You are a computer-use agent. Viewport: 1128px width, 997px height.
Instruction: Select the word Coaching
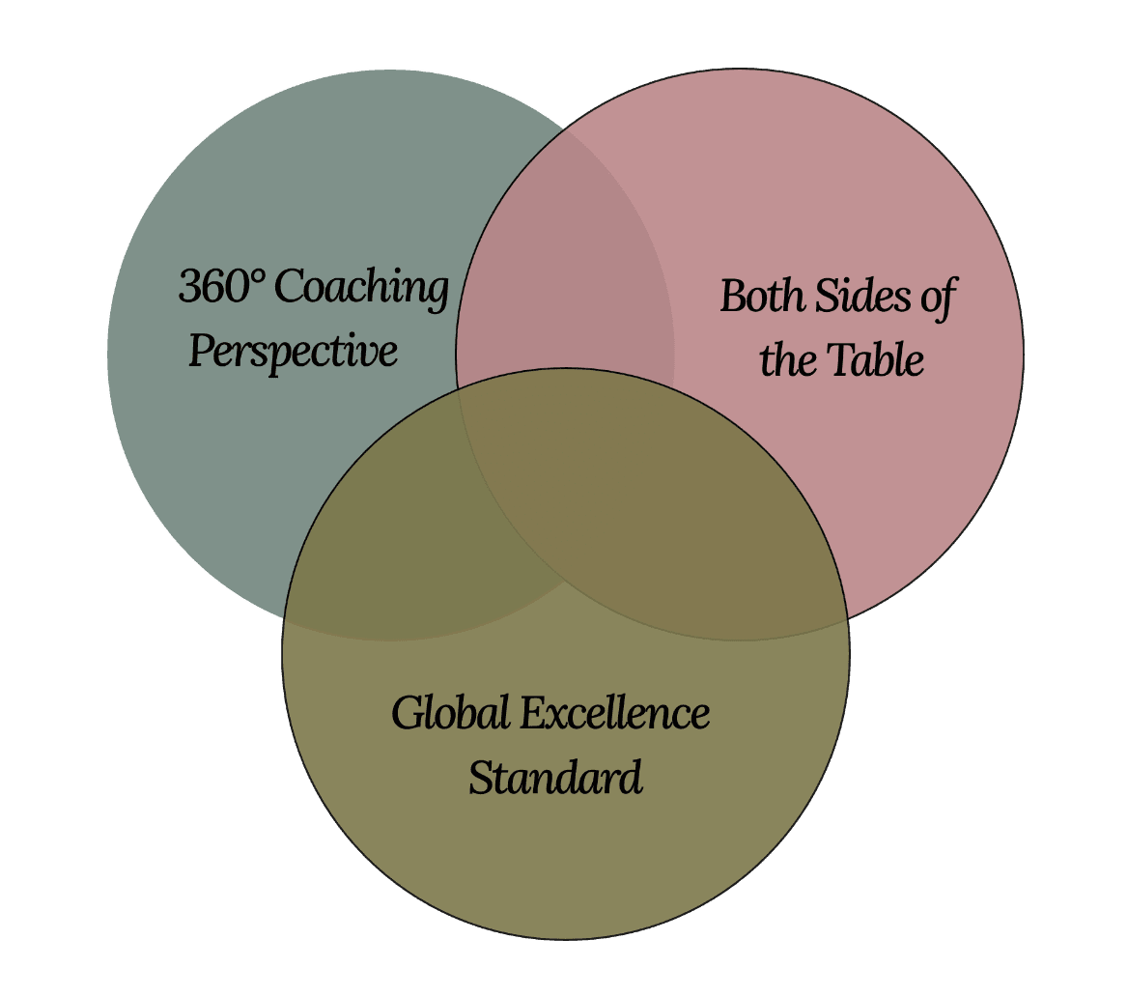coord(366,289)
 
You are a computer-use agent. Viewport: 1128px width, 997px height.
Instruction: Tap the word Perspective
coord(293,352)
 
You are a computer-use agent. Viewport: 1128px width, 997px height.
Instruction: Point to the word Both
coord(762,296)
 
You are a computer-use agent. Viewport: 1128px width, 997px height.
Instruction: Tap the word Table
coord(872,360)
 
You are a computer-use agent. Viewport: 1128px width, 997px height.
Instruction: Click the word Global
coord(450,713)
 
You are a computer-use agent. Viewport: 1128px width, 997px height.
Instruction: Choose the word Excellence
coord(615,713)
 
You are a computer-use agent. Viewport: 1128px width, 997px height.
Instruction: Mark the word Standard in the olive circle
coord(555,777)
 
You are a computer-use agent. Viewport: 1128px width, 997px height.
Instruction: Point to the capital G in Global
coord(406,714)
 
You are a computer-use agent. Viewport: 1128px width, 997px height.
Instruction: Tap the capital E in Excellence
coord(532,714)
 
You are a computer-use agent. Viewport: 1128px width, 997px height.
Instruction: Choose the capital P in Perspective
coord(200,352)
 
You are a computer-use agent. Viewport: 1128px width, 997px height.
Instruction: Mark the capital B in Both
coord(734,296)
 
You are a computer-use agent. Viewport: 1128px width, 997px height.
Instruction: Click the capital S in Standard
coord(480,778)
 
